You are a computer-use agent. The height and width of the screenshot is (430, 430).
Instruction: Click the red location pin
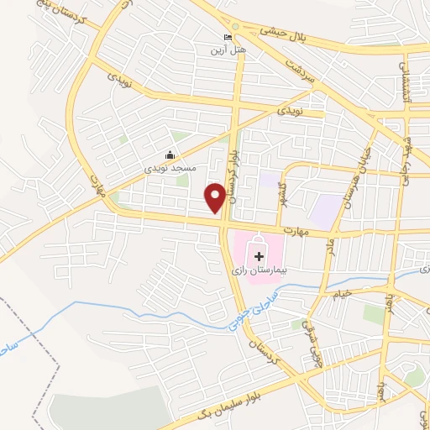[216, 197]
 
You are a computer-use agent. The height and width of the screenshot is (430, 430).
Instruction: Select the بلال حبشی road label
[276, 33]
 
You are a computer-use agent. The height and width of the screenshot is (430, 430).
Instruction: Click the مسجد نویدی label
[172, 168]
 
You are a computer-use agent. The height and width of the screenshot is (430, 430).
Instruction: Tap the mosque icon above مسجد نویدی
[170, 155]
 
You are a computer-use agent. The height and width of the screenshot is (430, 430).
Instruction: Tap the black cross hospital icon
[259, 254]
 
